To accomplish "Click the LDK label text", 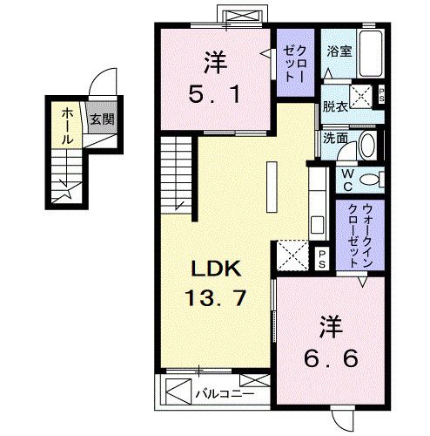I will (x=213, y=268).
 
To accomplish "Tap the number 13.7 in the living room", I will (x=214, y=298).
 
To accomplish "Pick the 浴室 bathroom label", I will (x=339, y=51).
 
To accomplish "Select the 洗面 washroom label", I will (x=335, y=138).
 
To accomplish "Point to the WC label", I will (x=347, y=180).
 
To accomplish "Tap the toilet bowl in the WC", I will (x=372, y=181).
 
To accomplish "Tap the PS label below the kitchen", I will (x=321, y=256).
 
